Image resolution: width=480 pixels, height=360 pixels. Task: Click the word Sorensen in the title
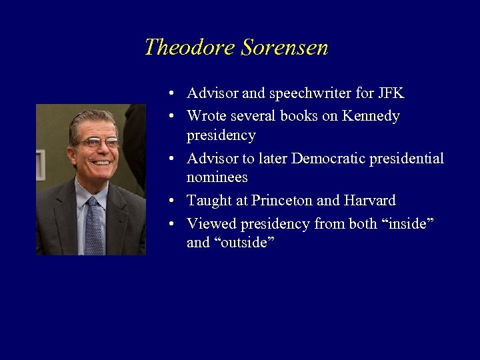(x=285, y=47)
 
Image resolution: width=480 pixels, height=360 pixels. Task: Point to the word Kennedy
(x=371, y=116)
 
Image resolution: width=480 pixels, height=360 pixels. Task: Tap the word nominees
(x=217, y=177)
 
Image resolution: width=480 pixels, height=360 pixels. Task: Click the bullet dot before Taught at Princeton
(x=172, y=201)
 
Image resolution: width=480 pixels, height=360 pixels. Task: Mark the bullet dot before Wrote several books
(x=172, y=116)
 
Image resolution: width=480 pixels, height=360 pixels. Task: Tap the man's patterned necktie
(x=93, y=227)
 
